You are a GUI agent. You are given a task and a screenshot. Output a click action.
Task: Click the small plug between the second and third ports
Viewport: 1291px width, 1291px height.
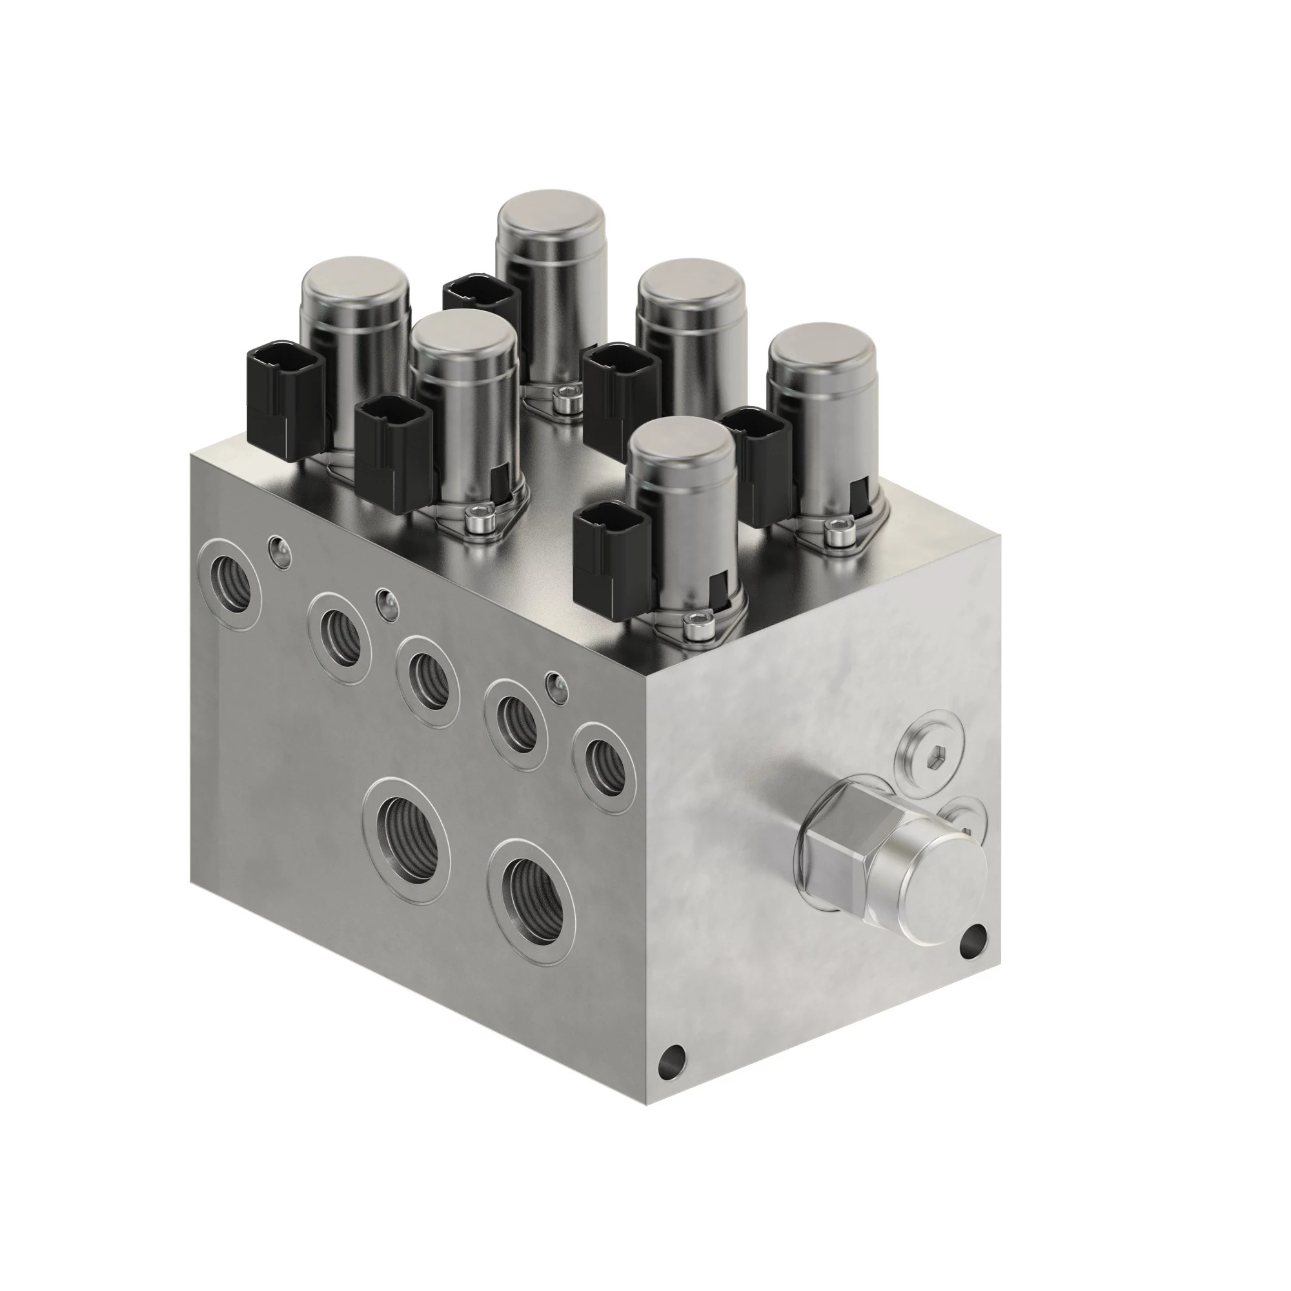click(386, 604)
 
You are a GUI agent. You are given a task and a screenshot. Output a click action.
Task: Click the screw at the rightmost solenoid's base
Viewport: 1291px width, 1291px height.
click(833, 530)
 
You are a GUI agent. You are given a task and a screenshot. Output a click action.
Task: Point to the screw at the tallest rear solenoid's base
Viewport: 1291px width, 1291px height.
click(565, 399)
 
